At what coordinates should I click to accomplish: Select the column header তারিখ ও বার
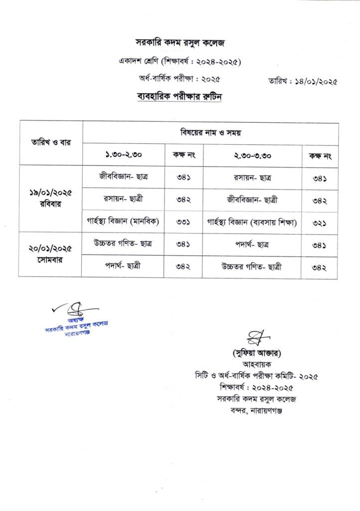[51, 143]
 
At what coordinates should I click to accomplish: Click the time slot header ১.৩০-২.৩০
[123, 155]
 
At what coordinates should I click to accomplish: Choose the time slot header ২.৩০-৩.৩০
[252, 155]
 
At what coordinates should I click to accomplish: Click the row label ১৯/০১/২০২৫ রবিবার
[50, 199]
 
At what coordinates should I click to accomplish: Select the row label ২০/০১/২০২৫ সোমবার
[50, 254]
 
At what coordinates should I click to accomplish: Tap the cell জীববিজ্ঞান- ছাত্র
[123, 177]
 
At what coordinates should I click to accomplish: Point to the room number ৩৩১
[183, 222]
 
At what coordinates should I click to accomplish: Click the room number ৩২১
[319, 223]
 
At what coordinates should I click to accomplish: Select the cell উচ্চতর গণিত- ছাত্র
[123, 244]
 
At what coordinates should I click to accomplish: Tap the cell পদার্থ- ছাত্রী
[123, 266]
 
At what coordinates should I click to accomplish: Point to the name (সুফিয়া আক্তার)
[258, 353]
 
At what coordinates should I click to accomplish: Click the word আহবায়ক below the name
[258, 364]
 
